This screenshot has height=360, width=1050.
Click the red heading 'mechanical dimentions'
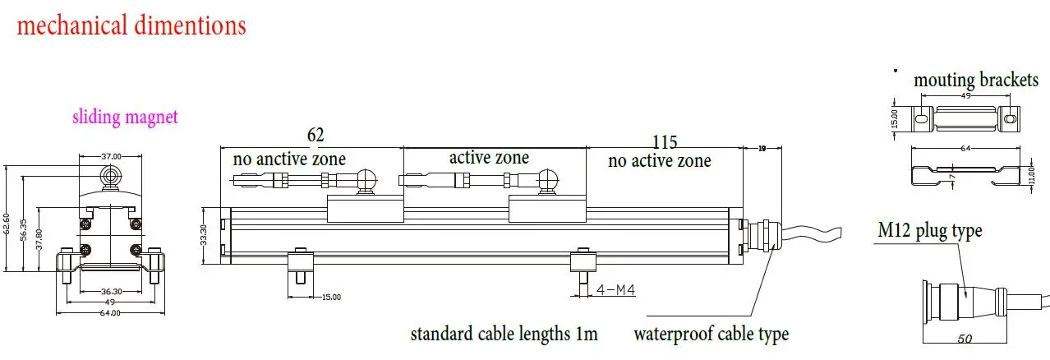tap(131, 25)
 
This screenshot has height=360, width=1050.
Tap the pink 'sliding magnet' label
tap(125, 118)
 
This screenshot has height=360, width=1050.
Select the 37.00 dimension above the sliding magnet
tap(111, 155)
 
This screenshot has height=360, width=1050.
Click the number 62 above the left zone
tap(315, 134)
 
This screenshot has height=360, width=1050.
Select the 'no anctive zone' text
tap(289, 159)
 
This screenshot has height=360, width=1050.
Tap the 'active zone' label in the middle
tap(489, 157)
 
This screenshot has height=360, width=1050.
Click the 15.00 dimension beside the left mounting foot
tap(330, 297)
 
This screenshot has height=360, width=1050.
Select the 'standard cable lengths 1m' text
tap(504, 335)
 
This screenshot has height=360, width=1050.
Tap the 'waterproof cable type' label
tap(711, 335)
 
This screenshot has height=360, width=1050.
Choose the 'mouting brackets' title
tap(976, 80)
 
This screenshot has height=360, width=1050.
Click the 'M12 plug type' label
tap(928, 231)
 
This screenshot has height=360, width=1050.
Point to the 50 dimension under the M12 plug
tap(966, 339)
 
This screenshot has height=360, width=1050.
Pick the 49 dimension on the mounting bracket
tap(965, 95)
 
